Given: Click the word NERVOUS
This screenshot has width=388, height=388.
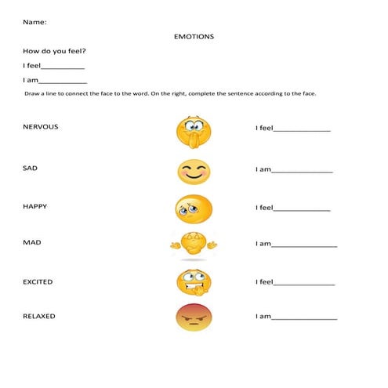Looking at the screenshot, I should coord(41,126).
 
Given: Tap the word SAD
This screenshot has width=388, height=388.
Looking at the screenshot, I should coord(31,167).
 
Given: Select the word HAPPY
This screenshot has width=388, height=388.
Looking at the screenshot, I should coord(35,206).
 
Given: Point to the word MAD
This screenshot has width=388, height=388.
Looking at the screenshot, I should coord(32,243).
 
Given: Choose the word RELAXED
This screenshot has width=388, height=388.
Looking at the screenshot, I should coord(39,317).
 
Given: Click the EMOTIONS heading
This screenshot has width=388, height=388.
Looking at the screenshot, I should coord(194,36).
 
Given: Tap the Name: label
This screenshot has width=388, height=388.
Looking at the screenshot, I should coord(34,21).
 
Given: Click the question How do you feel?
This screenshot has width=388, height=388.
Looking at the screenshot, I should coord(54,51).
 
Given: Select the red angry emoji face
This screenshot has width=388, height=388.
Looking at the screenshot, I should coord(194,317).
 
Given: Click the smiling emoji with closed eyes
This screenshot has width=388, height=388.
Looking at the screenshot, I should coord(194,172).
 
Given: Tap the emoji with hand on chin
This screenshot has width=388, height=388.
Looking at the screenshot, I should coord(192,131).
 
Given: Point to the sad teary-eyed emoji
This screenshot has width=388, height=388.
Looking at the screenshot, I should coord(194,207).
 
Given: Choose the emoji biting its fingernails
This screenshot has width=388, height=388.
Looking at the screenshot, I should coord(193,280).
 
